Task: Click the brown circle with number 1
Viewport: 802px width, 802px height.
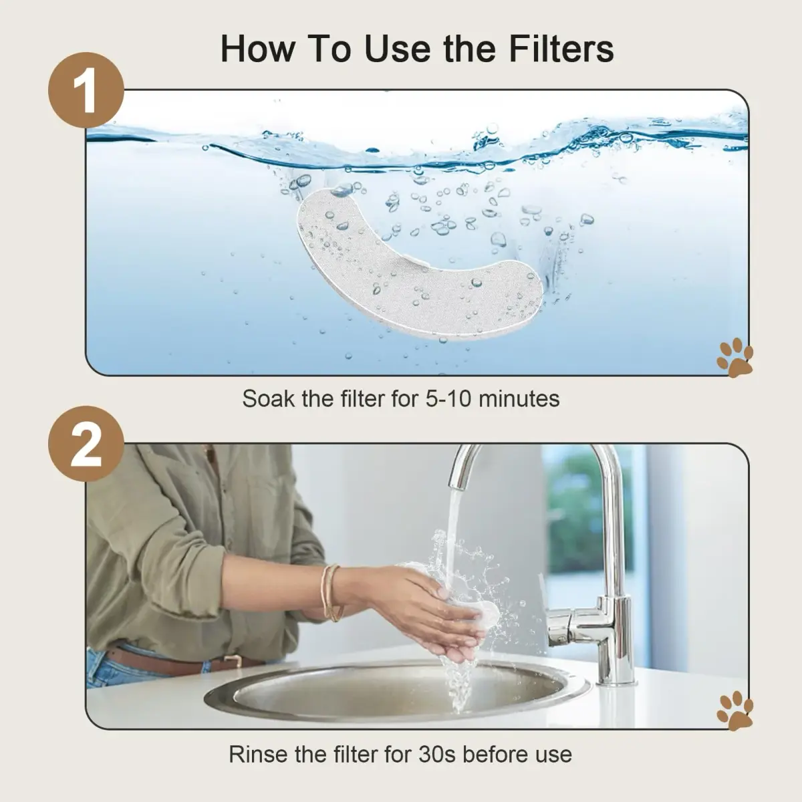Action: (86, 90)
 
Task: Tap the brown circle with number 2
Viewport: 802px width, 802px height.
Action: (86, 444)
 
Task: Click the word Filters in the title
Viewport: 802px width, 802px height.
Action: (561, 49)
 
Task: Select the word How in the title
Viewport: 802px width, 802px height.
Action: (257, 49)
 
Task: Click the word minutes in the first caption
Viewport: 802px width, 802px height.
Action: (519, 399)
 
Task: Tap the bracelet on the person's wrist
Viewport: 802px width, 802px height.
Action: (331, 593)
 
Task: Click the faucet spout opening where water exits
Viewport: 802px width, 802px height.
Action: (458, 485)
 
